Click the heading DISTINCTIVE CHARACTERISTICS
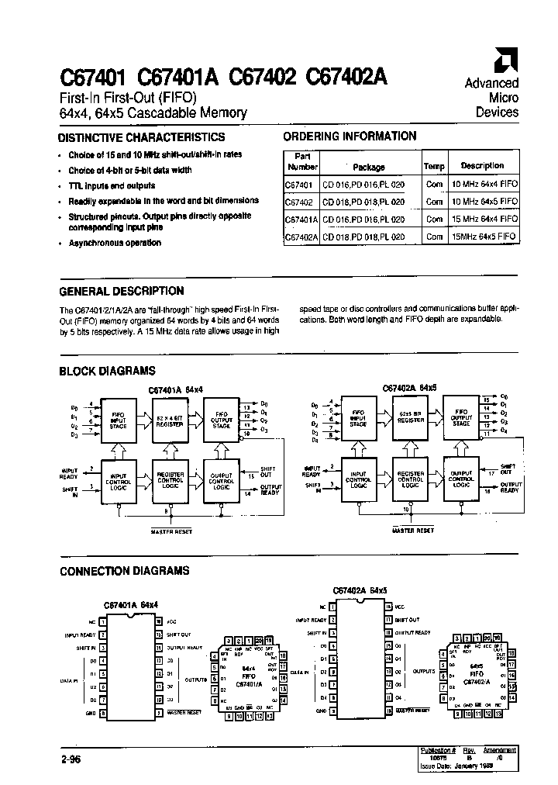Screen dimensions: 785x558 (x=142, y=137)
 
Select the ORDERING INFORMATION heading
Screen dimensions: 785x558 (x=350, y=136)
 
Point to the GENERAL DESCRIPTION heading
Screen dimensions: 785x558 (x=122, y=291)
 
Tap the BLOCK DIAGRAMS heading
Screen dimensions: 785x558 (x=108, y=371)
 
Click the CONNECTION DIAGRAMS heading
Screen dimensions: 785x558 (x=125, y=571)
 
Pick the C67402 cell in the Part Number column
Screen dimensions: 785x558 (x=299, y=201)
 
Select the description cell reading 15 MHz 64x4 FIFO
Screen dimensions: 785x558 (x=482, y=219)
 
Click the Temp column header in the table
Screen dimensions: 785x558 (x=434, y=166)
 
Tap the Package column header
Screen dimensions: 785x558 (x=368, y=166)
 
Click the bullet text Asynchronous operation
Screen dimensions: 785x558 (x=115, y=243)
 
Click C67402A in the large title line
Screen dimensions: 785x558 (x=349, y=77)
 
